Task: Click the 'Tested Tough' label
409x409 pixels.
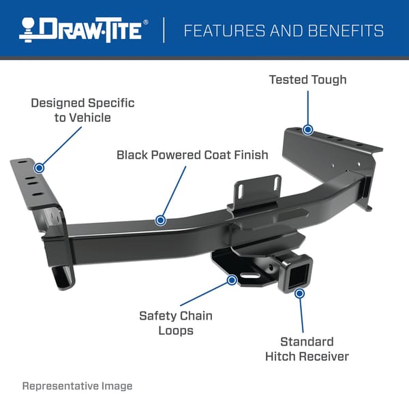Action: tap(307, 80)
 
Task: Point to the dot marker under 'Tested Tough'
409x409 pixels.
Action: tap(308, 130)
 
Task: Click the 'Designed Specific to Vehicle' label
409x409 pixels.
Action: tap(82, 110)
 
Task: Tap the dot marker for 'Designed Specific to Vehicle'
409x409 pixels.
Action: tap(39, 167)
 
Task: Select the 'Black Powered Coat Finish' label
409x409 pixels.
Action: tap(192, 155)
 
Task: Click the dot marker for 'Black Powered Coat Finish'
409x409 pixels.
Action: tap(160, 219)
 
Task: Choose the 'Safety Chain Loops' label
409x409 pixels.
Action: tap(175, 323)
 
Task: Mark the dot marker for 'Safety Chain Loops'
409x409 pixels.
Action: tap(232, 279)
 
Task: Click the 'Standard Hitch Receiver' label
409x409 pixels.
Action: tap(306, 349)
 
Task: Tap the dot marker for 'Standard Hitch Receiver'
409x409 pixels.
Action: tap(299, 292)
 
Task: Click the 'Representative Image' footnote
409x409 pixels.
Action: tap(78, 386)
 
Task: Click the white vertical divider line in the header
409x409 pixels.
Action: tap(164, 30)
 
